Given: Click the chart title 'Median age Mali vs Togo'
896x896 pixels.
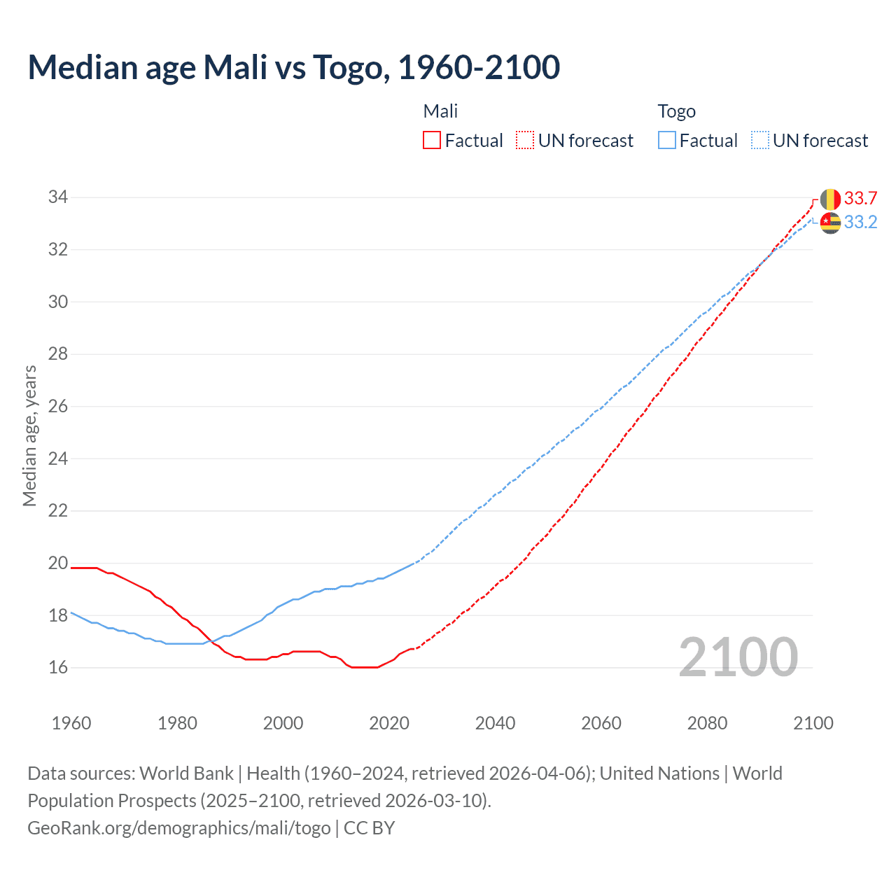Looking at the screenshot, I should tap(294, 67).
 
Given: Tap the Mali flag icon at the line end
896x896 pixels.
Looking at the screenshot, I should tap(830, 199).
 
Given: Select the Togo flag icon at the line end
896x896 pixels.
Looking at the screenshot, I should tap(830, 223).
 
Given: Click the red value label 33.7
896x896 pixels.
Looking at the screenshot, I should tap(860, 199).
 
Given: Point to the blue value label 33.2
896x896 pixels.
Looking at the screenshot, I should tap(860, 223).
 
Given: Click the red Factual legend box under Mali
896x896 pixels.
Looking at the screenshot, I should tap(432, 141).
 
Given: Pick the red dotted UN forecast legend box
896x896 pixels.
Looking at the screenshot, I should tap(525, 141).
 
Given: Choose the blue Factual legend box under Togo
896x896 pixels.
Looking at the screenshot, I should tap(667, 141).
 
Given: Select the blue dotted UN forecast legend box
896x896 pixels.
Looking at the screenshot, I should tap(759, 141).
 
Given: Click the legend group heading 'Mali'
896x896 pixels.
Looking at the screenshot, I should tap(440, 111).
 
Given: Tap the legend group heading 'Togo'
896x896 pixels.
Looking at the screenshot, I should tap(676, 111).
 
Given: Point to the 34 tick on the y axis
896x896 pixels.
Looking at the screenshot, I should tap(58, 197).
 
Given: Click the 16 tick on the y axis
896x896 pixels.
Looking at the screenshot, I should tap(58, 668).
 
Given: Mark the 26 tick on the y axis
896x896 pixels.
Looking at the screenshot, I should tap(58, 407).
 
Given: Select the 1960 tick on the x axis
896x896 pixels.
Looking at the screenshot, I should tap(71, 723).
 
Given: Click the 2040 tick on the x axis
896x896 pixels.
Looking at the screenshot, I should tap(495, 723).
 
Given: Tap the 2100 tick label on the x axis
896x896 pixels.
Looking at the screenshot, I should tap(813, 723).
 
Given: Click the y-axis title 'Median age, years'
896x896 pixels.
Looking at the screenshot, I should tap(29, 435).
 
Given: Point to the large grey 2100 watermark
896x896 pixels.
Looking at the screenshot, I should tap(738, 657).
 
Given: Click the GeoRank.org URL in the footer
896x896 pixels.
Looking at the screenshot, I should tap(179, 828).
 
